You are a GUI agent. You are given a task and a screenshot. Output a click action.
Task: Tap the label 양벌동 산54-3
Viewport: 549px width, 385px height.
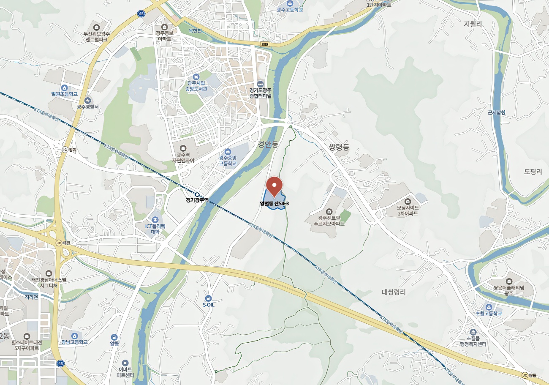click(x=274, y=204)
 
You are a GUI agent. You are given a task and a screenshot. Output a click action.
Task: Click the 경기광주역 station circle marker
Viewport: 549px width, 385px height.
click(x=197, y=194)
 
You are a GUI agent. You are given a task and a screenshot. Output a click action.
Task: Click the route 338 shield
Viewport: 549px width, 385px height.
click(x=265, y=44)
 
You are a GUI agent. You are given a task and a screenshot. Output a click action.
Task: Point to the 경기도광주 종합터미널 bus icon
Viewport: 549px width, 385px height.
click(x=260, y=83)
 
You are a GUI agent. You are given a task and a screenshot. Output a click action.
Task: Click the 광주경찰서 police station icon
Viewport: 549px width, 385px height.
click(x=87, y=100)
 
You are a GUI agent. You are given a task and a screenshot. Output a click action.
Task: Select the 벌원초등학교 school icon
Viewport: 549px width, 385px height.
click(x=64, y=87)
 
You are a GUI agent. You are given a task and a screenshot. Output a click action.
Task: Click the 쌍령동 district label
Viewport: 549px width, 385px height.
click(x=339, y=147)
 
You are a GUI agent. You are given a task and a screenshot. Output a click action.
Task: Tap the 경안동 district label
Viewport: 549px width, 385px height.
click(x=268, y=145)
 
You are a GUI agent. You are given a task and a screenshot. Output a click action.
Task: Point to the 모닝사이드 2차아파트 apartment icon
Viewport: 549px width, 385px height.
click(x=408, y=201)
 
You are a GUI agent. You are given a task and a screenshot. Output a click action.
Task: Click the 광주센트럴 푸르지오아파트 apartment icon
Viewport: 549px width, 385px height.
click(x=329, y=211)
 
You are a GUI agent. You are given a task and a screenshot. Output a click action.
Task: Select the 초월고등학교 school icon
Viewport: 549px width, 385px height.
click(x=489, y=307)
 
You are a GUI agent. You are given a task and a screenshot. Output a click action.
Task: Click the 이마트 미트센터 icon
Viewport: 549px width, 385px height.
click(x=125, y=363)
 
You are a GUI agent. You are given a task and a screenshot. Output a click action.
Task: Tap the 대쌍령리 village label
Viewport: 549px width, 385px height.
click(x=393, y=292)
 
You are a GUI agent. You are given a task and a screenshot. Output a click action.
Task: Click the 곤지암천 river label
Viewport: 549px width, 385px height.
click(x=496, y=112)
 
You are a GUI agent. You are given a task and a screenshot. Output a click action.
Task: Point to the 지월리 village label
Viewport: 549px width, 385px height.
click(x=473, y=24)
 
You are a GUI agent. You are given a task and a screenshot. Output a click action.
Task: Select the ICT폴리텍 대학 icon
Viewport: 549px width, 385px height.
click(x=155, y=219)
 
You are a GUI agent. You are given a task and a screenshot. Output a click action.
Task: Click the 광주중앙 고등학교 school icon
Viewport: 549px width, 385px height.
click(x=228, y=151)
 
